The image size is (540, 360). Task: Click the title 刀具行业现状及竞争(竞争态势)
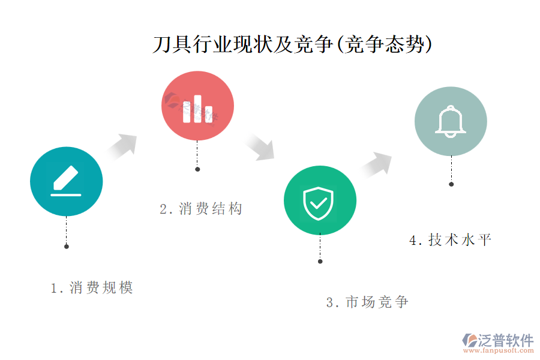coord(292,44)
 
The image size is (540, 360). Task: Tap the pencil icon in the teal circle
coord(66,181)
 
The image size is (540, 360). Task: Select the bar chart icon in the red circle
coord(197,109)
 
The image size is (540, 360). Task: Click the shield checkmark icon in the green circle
coord(318,203)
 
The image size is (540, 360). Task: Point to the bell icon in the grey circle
coord(451,121)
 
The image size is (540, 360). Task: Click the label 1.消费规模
coord(92,287)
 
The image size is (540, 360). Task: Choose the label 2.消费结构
coord(201,209)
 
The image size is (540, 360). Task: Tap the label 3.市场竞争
coord(367,302)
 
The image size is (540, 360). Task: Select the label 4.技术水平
coord(450,240)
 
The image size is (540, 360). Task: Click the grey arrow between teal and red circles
coord(122,147)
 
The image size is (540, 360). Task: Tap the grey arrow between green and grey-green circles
coord(376,165)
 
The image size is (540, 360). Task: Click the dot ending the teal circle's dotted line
coord(67,247)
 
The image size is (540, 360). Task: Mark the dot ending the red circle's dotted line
coord(197,169)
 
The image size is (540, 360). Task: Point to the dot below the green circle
coord(320,262)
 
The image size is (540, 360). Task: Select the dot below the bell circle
coord(451,184)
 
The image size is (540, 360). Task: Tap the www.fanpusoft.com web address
coord(499,350)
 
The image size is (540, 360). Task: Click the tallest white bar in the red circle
coord(197,109)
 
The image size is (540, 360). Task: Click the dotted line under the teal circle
coord(67,230)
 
